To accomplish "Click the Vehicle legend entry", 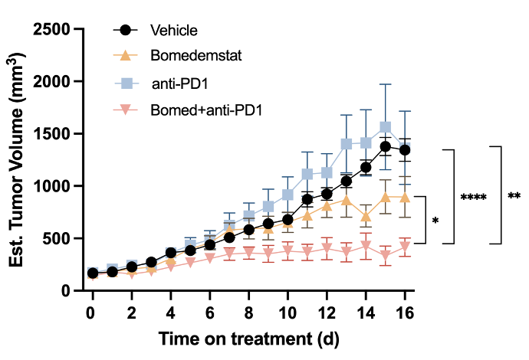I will tap(174, 31).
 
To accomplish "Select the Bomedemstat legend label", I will tap(188, 56).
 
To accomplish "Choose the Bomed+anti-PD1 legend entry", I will tap(206, 110).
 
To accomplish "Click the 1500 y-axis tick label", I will tap(53, 134).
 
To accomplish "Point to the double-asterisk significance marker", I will tap(514, 196).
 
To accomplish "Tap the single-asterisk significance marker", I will tap(435, 221).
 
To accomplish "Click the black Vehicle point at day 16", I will tap(405, 150).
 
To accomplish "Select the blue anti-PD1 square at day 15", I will tap(386, 127).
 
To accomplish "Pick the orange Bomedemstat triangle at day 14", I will tap(366, 217).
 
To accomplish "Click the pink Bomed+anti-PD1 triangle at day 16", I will tap(405, 246).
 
